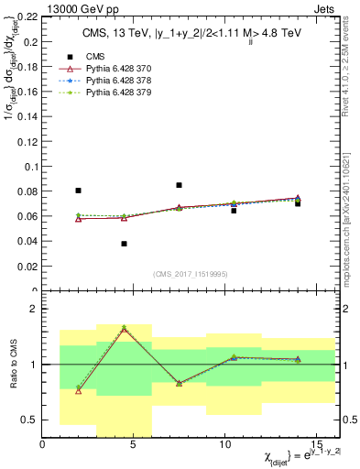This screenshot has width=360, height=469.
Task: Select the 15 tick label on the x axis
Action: pos(316,445)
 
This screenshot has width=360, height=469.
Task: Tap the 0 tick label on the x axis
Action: pos(43,445)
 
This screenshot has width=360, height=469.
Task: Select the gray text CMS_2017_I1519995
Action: pos(190,273)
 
